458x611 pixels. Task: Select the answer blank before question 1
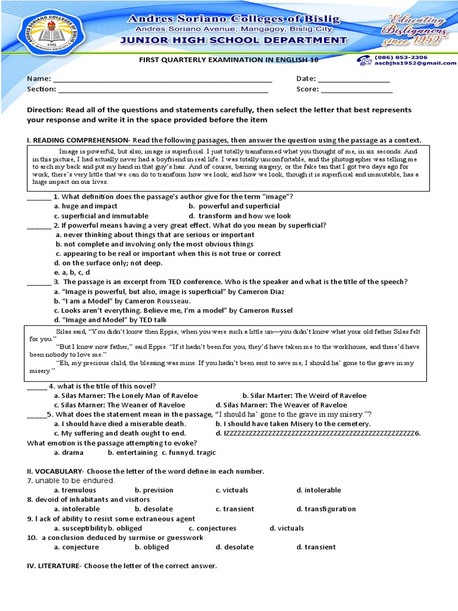click(39, 198)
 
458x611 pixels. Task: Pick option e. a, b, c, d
click(72, 273)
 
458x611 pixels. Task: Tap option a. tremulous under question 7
click(75, 490)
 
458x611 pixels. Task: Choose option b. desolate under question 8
click(153, 509)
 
